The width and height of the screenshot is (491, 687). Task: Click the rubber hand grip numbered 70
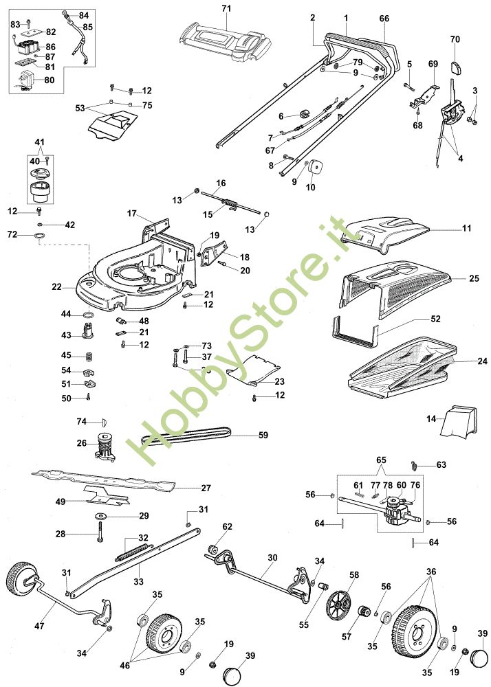(454, 67)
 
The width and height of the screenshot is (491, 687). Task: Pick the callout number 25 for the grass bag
(474, 279)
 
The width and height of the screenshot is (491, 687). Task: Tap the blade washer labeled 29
(102, 515)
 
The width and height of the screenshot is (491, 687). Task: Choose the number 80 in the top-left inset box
(49, 79)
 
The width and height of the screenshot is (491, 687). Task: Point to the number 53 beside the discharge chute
(80, 108)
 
